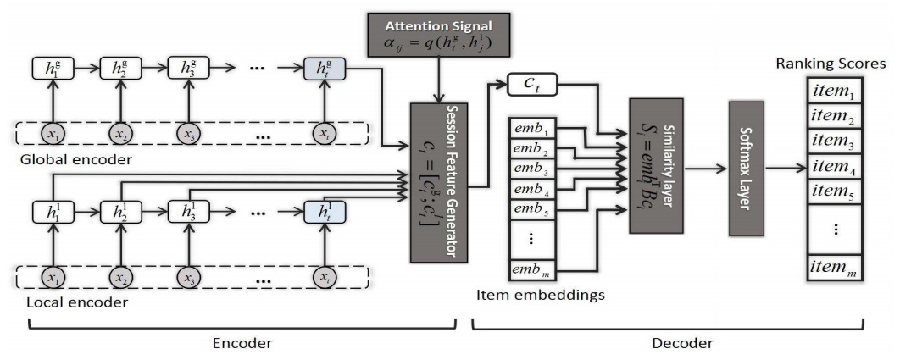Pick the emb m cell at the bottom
pos(531,270)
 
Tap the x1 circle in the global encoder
pos(54,133)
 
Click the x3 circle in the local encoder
pos(188,276)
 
